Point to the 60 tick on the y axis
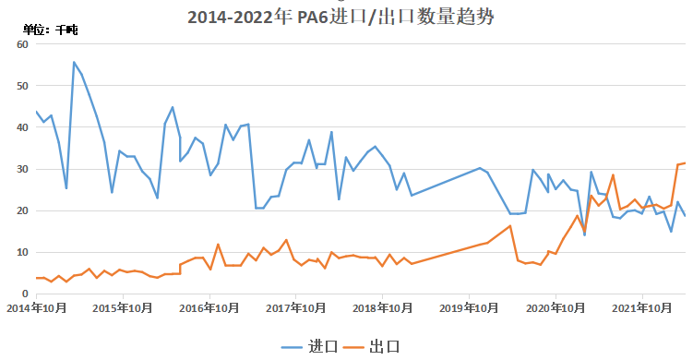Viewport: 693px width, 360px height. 23,44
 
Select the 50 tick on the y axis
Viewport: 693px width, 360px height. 23,86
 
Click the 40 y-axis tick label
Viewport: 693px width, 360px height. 23,127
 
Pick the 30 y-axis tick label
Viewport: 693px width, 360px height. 23,169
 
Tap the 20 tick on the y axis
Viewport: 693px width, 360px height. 23,210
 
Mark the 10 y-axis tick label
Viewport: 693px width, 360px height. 23,252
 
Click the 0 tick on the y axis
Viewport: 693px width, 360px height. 27,294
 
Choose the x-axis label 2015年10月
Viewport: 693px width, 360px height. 125,307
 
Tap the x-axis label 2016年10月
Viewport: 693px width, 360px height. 210,307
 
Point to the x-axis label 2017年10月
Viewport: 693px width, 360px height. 297,307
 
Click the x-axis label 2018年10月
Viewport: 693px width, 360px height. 383,307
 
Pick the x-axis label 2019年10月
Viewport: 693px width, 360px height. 469,307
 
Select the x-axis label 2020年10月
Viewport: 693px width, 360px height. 556,307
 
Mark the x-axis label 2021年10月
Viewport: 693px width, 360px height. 641,307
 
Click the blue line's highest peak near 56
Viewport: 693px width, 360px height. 74,62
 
